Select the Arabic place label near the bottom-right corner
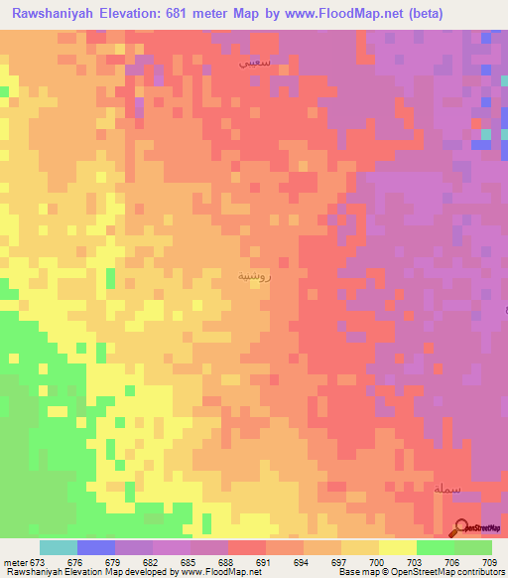pos(446,489)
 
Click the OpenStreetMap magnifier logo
pos(462,527)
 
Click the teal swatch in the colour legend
pos(58,547)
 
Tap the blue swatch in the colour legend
pos(95,547)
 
